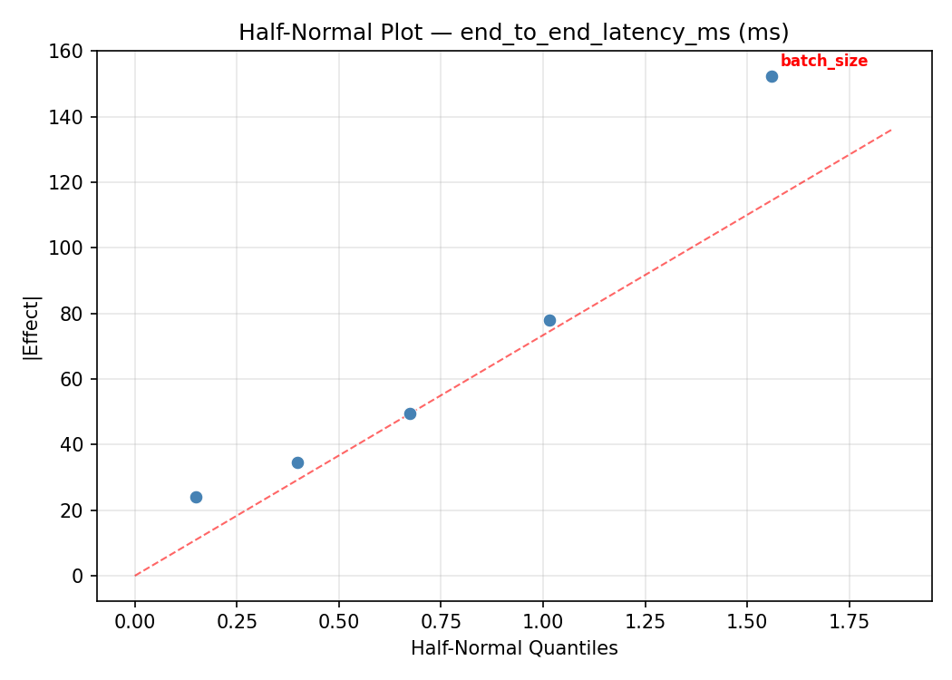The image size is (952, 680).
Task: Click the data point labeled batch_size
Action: (x=772, y=76)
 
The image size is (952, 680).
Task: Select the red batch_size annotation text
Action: (x=823, y=61)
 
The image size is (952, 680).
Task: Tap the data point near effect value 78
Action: (x=549, y=320)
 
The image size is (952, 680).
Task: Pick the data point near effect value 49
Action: (x=410, y=413)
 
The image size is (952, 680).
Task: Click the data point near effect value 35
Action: (x=297, y=462)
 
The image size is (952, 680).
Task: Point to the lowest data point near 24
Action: (x=196, y=497)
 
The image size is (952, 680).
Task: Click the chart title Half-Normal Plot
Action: (x=513, y=33)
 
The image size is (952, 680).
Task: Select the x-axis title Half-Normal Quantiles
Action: (x=514, y=648)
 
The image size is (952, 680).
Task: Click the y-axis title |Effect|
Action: (x=32, y=326)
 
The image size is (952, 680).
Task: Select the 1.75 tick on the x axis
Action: (x=850, y=623)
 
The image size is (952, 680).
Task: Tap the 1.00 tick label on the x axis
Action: (x=543, y=623)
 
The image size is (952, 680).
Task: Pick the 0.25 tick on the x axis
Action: (x=237, y=623)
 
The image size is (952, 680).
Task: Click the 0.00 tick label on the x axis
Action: (x=135, y=623)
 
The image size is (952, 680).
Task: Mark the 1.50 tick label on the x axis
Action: (x=747, y=623)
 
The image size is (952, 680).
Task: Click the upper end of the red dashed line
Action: (x=890, y=130)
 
